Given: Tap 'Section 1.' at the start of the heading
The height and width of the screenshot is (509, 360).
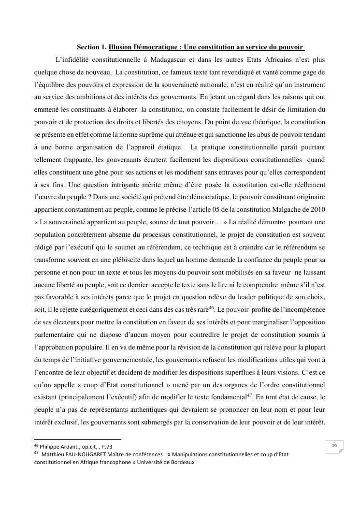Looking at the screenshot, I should point(92,47).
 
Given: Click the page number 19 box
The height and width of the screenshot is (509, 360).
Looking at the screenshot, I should point(334,446).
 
